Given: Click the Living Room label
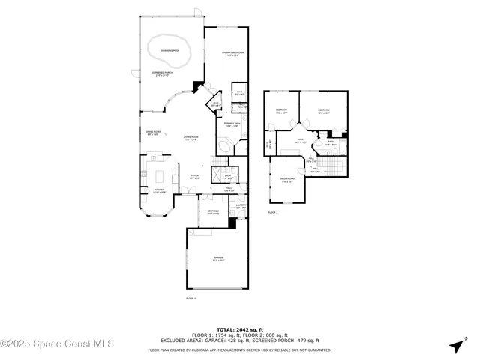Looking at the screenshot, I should (x=190, y=138).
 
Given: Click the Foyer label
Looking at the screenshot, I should (x=194, y=177).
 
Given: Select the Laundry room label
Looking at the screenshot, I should (x=241, y=206).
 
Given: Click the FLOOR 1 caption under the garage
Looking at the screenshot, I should (x=190, y=298).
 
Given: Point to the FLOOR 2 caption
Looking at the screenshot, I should (x=273, y=213).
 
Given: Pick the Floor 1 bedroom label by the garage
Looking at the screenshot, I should (x=213, y=212).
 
